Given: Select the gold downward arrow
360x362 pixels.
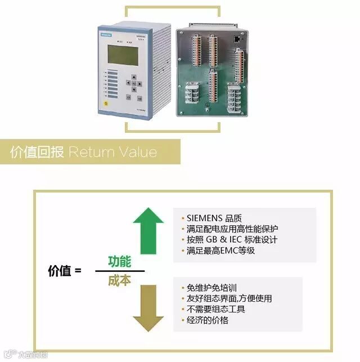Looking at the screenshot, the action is pyautogui.click(x=148, y=307).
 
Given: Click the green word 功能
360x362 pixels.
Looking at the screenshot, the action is pyautogui.click(x=119, y=261).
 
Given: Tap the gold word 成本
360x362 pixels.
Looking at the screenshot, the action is pyautogui.click(x=119, y=280).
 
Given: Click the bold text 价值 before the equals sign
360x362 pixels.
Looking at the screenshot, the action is pyautogui.click(x=60, y=271).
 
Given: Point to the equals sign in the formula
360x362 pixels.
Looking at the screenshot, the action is pyautogui.click(x=78, y=271).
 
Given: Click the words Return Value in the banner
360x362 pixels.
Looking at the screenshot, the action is pyautogui.click(x=112, y=153).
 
